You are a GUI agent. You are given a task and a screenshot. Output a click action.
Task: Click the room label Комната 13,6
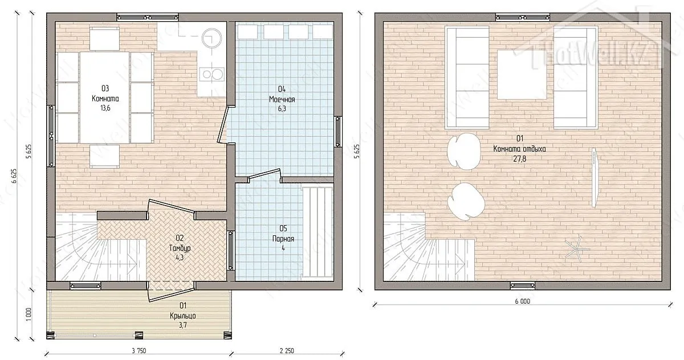click(x=105, y=98)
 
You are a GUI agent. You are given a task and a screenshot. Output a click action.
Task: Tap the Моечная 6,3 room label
click(x=282, y=99)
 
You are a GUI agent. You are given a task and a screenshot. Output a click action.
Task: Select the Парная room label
click(x=283, y=238)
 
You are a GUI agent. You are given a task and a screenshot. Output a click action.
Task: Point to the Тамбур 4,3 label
click(x=180, y=247)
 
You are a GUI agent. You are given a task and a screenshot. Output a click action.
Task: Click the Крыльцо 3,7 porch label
click(x=183, y=315)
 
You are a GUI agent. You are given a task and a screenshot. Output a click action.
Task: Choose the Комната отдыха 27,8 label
click(x=519, y=149)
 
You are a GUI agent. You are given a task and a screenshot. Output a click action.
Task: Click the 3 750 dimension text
click(x=139, y=351)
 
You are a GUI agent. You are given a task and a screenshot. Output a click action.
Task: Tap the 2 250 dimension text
click(x=287, y=351)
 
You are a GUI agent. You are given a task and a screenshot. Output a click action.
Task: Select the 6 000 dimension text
click(x=523, y=301)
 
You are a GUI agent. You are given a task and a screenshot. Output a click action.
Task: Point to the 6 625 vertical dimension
click(x=14, y=176)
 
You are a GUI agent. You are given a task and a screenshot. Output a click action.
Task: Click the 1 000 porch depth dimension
click(x=28, y=314)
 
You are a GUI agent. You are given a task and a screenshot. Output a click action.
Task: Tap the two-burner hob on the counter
click(x=212, y=75)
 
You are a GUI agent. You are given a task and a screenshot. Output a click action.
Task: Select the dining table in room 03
click(x=104, y=97)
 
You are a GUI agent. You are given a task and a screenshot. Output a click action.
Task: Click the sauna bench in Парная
click(x=317, y=232)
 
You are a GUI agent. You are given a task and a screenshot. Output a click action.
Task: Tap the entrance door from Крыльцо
click(x=172, y=292)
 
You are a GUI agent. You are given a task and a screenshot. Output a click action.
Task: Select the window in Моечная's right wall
click(x=338, y=132)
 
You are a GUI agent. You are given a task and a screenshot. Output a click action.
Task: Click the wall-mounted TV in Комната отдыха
click(x=595, y=178)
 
